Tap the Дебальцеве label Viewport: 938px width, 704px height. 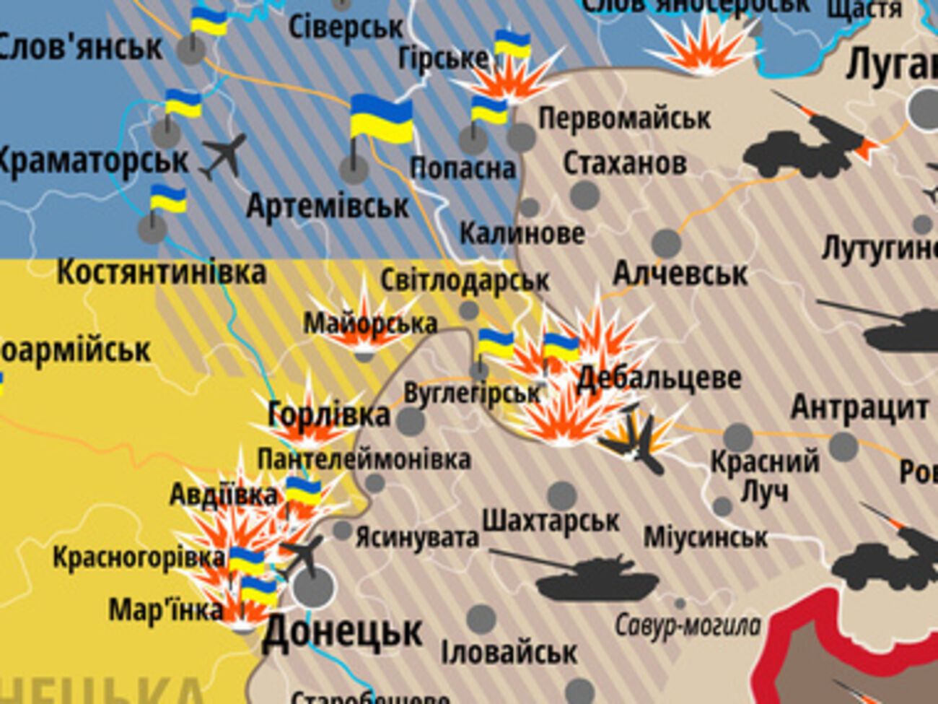[x=659, y=378]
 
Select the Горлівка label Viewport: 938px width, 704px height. [x=328, y=415]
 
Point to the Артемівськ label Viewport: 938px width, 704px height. [x=328, y=207]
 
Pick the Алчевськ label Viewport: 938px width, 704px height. [x=680, y=274]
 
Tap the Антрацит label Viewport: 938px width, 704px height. [x=859, y=407]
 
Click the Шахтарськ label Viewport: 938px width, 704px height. [x=551, y=521]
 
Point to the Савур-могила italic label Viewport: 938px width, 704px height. [x=688, y=625]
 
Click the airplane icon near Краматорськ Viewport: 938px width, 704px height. [x=224, y=156]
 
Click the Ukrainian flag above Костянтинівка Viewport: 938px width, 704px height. [x=167, y=199]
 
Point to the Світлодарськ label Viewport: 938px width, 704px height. [x=465, y=280]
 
